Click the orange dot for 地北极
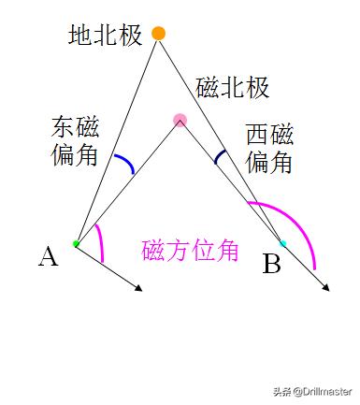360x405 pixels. (x=158, y=34)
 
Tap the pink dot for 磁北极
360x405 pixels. (x=180, y=120)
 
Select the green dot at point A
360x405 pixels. (x=77, y=244)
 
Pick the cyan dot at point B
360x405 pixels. (x=283, y=243)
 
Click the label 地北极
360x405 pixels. (x=105, y=36)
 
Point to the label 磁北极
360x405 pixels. (x=233, y=88)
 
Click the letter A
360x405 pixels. (x=48, y=256)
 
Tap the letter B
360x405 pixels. (x=271, y=265)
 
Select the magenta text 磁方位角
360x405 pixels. (x=190, y=252)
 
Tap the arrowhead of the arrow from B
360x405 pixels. (x=326, y=287)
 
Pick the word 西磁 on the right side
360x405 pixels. (x=269, y=136)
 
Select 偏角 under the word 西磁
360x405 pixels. (x=269, y=162)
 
